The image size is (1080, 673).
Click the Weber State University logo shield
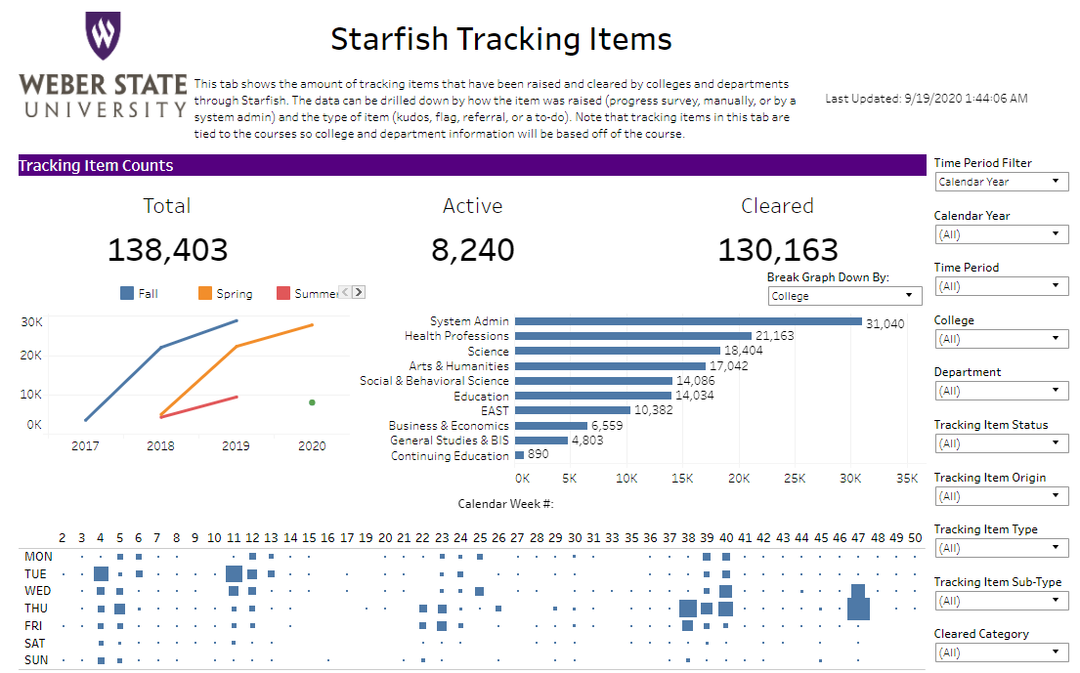click(x=103, y=37)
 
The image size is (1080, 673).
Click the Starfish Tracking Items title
click(x=500, y=39)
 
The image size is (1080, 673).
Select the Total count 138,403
click(x=167, y=250)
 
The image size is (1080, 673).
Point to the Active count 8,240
click(x=472, y=250)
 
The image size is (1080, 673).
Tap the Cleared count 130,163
click(x=777, y=250)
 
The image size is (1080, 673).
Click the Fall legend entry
click(x=139, y=293)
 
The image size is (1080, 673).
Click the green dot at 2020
click(x=312, y=402)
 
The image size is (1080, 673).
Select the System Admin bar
click(x=688, y=321)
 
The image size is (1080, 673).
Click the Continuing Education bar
click(x=519, y=455)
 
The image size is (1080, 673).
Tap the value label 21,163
click(x=775, y=336)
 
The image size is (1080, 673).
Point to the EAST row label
click(x=495, y=411)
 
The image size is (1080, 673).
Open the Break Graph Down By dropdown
click(x=844, y=296)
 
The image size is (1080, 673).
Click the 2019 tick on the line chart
click(x=236, y=446)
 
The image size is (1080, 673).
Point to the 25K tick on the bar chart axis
click(x=796, y=479)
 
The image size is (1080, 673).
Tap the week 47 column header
click(x=858, y=538)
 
